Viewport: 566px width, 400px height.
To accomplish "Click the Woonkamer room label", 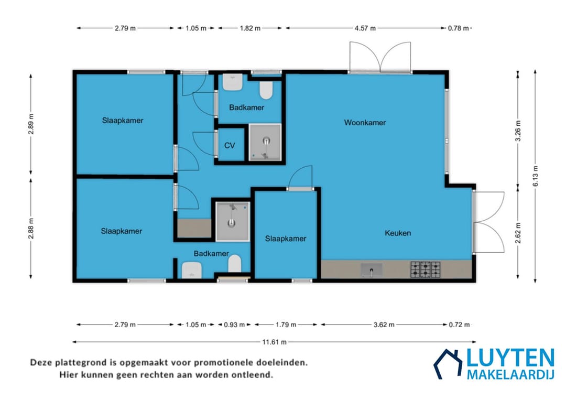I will [x=365, y=123].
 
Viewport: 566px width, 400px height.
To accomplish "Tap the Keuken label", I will [x=398, y=233].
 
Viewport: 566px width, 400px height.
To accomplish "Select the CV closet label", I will [x=230, y=145].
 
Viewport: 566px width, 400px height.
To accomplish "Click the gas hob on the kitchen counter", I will [x=426, y=269].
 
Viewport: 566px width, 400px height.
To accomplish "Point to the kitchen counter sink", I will [x=371, y=270].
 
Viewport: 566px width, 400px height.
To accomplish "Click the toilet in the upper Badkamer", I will [x=266, y=90].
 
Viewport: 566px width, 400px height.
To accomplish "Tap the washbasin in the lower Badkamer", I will [x=192, y=270].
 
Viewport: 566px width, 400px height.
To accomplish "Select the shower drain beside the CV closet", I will [x=266, y=141].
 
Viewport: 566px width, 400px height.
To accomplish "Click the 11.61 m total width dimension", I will [x=274, y=342].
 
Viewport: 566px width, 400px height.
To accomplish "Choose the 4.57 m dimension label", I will [x=365, y=28].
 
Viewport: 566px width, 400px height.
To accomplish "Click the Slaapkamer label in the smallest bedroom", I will [x=285, y=239].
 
